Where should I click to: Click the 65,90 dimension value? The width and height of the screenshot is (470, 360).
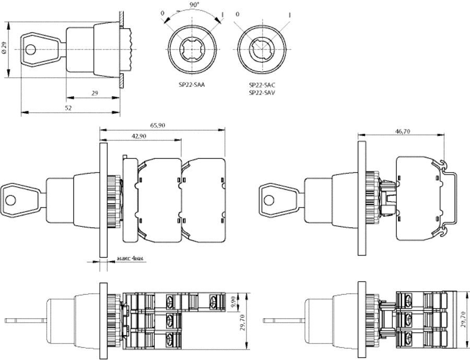coord(158,125)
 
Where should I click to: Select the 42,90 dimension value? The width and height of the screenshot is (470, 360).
coord(139,136)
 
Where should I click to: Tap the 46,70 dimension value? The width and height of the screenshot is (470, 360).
coord(402,131)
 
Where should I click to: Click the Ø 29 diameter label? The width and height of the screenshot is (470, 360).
coord(4,48)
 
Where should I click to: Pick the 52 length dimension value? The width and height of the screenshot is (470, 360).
coord(68,108)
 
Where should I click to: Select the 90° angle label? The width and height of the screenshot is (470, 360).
coord(193,4)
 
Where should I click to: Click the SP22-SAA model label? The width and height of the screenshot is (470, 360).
coord(192,85)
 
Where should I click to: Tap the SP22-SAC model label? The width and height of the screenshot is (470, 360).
coord(262,85)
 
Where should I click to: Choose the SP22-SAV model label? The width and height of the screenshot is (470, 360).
coord(262,92)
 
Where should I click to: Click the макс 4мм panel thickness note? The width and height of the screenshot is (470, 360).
coord(129,258)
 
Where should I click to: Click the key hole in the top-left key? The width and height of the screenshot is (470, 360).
coord(30,50)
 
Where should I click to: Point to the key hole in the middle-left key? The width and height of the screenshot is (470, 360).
coord(11,200)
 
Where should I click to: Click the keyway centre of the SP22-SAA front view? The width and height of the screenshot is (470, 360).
coord(192,49)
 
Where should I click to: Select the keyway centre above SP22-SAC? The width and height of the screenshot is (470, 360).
coord(262,49)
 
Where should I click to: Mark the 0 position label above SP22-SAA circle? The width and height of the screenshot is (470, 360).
coord(162,13)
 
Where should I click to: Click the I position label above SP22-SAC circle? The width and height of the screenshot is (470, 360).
coord(289,15)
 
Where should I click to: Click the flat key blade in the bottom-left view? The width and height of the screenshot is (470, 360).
coord(26,321)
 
